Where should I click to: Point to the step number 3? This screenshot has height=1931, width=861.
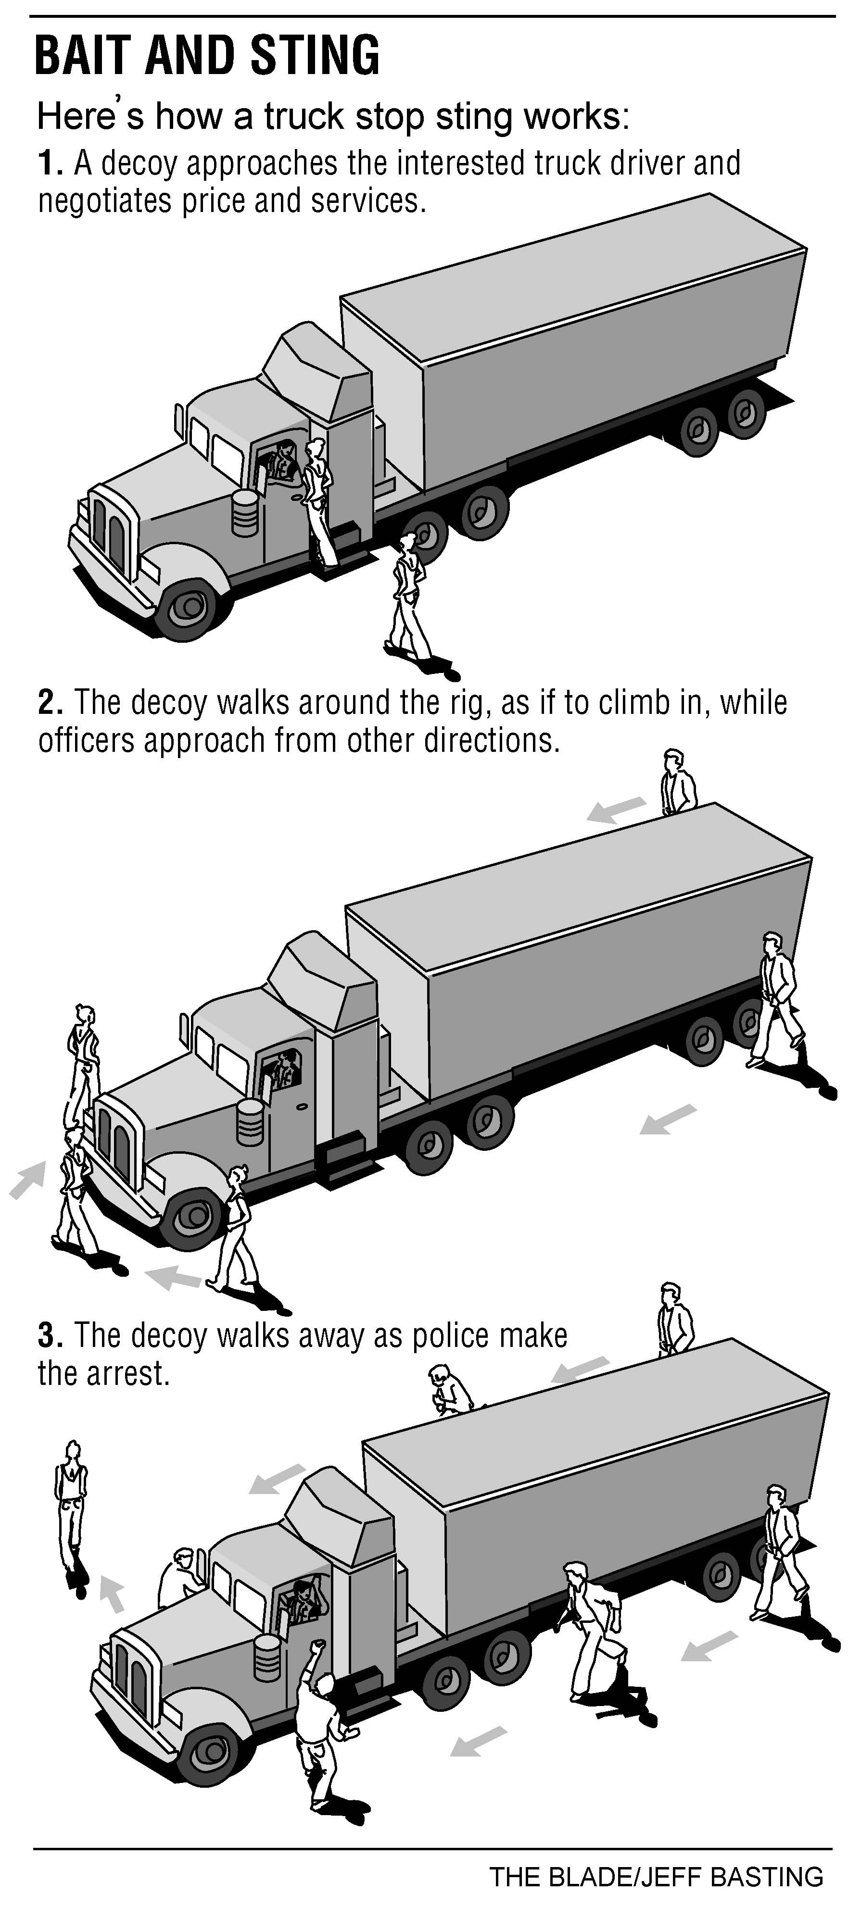48,1336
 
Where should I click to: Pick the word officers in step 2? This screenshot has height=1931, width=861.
86,741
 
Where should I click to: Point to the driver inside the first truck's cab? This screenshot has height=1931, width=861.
283,459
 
